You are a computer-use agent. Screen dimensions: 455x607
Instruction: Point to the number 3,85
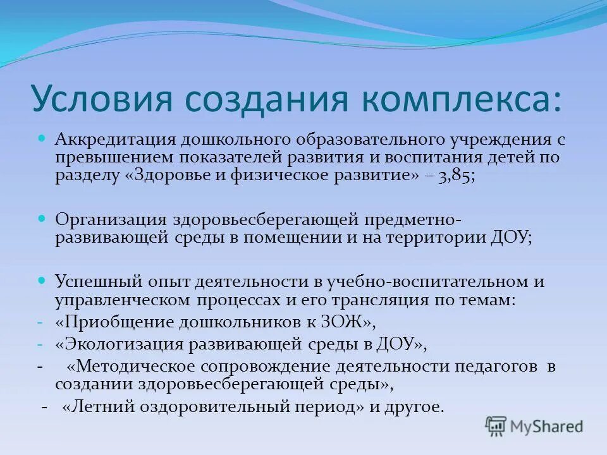[x=457, y=176]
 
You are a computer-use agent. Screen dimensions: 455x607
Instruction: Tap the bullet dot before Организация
[x=42, y=217]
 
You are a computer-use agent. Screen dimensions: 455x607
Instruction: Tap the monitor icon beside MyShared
[x=496, y=426]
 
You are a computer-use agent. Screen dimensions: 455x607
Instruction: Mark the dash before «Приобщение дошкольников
[x=40, y=322]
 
